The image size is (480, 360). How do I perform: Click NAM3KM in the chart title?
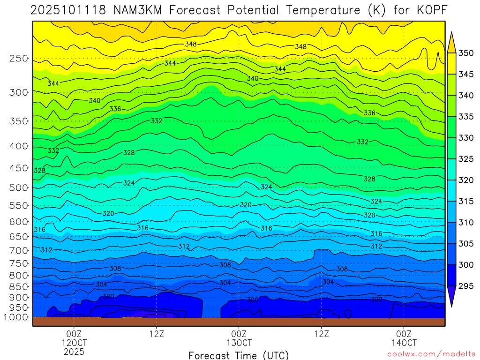136,10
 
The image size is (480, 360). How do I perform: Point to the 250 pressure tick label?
19,59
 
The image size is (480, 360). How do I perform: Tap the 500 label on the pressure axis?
19,188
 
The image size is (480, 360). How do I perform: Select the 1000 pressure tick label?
16,317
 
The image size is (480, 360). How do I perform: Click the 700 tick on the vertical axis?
19,250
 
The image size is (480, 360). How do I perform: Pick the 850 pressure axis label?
19,286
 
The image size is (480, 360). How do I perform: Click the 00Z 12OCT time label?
74,338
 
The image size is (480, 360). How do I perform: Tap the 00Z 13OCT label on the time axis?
239,338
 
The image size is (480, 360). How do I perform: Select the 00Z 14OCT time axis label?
404,338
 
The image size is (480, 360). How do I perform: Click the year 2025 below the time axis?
74,352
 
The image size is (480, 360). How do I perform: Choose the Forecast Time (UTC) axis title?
239,355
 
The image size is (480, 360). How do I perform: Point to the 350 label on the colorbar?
465,53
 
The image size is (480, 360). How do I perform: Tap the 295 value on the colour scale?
465,286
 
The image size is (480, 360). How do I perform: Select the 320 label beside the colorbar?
465,180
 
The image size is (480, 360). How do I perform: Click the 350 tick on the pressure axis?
19,121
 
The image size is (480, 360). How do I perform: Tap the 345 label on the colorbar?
465,74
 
